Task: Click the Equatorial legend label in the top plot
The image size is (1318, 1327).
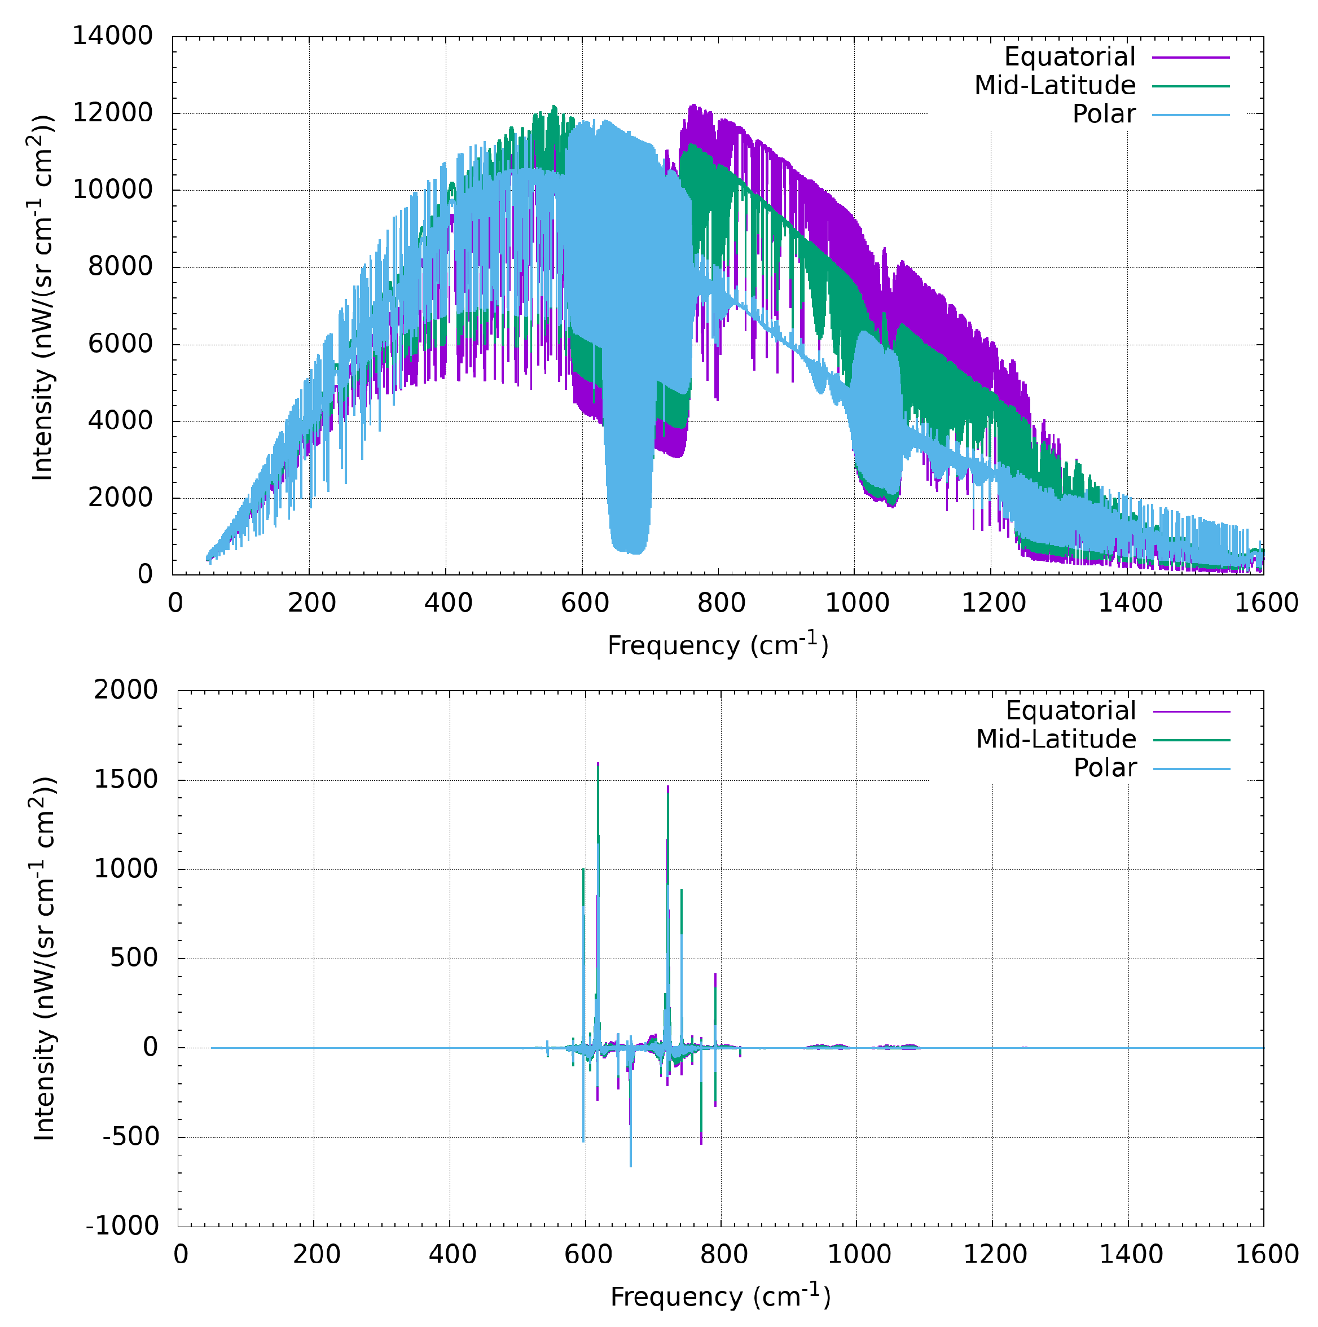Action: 1069,57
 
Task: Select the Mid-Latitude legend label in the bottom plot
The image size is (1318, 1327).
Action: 1056,739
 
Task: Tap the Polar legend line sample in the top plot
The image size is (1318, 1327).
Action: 1190,115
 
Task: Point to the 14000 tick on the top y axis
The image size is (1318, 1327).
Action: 113,37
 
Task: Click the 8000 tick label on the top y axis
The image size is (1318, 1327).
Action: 120,267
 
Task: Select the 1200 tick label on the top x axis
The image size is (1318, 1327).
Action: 992,603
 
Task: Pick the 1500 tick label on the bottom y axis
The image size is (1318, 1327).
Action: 126,780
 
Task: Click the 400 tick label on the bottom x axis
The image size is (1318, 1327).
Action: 452,1255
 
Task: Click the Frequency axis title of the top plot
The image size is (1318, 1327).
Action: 718,645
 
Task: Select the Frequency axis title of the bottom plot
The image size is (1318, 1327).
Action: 720,1296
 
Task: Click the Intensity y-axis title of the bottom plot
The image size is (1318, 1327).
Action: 44,959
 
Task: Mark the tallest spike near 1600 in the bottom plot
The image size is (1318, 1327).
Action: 598,764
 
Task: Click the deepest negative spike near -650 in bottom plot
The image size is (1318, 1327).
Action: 630,1166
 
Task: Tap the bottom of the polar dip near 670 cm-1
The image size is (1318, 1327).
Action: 630,552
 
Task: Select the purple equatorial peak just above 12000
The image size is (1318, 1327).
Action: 692,106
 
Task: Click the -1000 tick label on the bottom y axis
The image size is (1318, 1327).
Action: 122,1226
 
